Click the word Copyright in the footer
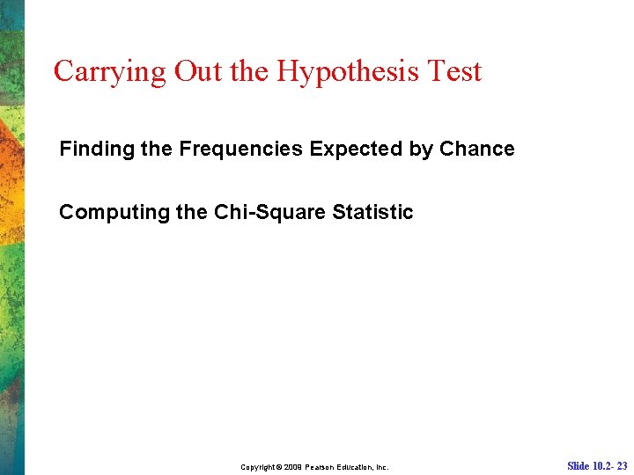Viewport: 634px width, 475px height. (261, 467)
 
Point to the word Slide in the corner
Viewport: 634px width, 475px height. (579, 466)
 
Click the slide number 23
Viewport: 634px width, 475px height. (622, 466)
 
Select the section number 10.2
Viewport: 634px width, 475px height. (602, 466)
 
